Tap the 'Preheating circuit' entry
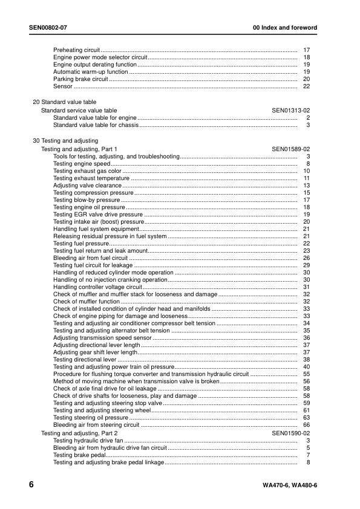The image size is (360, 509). pyautogui.click(x=76, y=49)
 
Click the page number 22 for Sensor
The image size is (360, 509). pyautogui.click(x=306, y=86)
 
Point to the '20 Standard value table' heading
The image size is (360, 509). pyautogui.click(x=64, y=102)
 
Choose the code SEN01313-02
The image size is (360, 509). pyautogui.click(x=291, y=111)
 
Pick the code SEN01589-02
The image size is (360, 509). pyautogui.click(x=291, y=149)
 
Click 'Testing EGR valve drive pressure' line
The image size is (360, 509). pyautogui.click(x=98, y=215)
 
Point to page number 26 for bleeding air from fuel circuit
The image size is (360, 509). pyautogui.click(x=306, y=258)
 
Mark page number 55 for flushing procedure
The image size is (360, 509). pyautogui.click(x=306, y=374)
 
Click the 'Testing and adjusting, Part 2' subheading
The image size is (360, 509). pyautogui.click(x=79, y=433)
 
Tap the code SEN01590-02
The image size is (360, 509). pyautogui.click(x=291, y=433)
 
